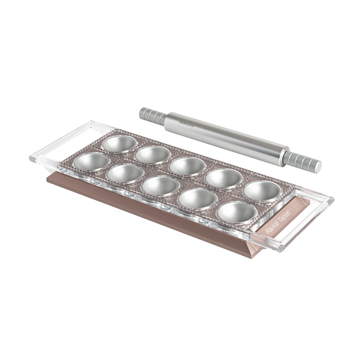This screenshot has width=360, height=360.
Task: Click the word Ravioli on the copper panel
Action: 271,230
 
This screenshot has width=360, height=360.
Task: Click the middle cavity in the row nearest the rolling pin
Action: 187,166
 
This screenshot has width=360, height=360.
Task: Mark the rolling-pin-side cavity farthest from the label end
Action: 120,143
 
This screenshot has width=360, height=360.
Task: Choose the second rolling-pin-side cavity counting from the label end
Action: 224,178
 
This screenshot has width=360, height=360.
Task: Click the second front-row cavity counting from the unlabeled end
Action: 124,173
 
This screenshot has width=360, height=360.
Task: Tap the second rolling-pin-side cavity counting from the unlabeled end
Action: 152,155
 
